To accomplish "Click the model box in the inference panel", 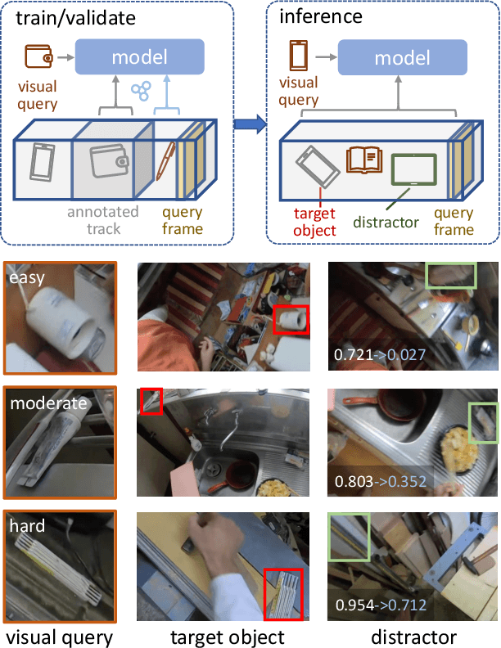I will point(402,57).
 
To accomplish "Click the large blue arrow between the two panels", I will point(250,125).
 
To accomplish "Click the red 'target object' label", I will point(314,222).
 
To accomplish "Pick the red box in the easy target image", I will point(291,321).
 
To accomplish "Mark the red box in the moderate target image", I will point(151,401).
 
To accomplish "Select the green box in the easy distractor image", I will point(450,276).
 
